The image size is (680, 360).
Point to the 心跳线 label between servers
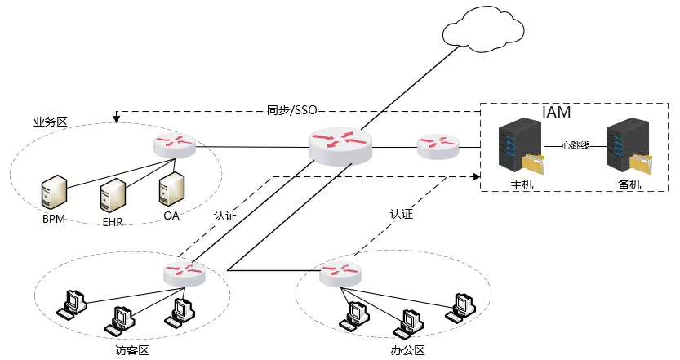click(x=576, y=146)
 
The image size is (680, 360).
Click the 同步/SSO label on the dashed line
click(x=291, y=111)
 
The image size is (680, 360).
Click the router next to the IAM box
click(x=438, y=147)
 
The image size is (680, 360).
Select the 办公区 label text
click(x=408, y=349)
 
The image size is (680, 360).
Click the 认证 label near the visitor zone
click(x=225, y=216)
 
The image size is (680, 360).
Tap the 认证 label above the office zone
click(x=401, y=214)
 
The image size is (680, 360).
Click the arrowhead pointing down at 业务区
click(x=116, y=120)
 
